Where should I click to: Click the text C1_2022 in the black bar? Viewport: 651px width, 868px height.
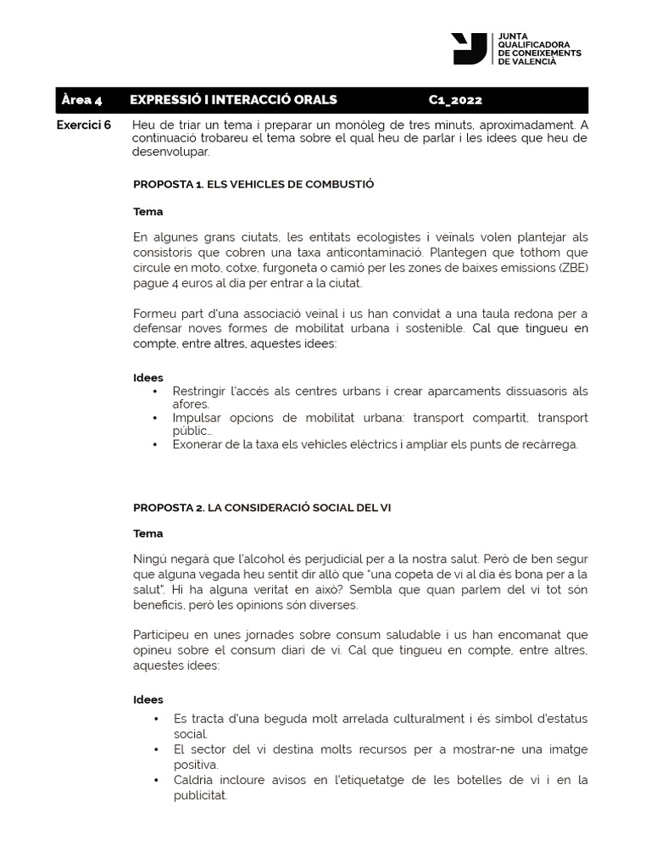click(455, 100)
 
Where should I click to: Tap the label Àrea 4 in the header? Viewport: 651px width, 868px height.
click(81, 100)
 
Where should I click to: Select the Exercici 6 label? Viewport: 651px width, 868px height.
click(83, 125)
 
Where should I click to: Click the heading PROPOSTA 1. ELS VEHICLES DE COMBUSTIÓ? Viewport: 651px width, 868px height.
click(253, 184)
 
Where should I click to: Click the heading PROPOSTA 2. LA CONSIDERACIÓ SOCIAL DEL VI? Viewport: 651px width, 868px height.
click(261, 507)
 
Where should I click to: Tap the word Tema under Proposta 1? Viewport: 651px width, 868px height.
click(148, 211)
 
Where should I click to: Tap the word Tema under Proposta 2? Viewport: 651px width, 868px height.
click(148, 534)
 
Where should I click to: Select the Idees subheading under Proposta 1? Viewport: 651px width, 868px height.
click(148, 378)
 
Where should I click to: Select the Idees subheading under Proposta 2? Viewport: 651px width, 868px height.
click(148, 700)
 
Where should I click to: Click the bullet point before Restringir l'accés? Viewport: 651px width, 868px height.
click(155, 392)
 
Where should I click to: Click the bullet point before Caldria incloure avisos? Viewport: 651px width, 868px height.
click(155, 780)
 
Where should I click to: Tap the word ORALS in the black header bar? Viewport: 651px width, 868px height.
click(314, 100)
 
